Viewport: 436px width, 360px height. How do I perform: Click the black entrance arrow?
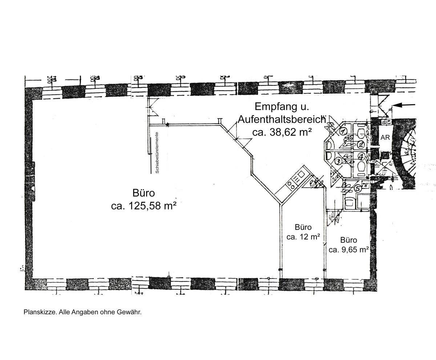404,105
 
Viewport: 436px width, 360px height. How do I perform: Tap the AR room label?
385,138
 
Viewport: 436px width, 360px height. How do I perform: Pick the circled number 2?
360,144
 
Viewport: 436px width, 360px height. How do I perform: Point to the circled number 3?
338,161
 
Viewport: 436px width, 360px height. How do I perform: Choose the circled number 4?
361,157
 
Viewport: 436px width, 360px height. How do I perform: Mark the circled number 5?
358,188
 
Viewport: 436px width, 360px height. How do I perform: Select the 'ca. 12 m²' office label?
303,237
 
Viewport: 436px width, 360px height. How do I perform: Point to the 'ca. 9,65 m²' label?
349,250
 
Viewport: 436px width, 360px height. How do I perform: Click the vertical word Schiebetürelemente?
157,152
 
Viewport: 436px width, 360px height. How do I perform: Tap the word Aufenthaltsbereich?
281,120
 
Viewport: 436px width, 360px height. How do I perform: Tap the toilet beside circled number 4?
361,167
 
